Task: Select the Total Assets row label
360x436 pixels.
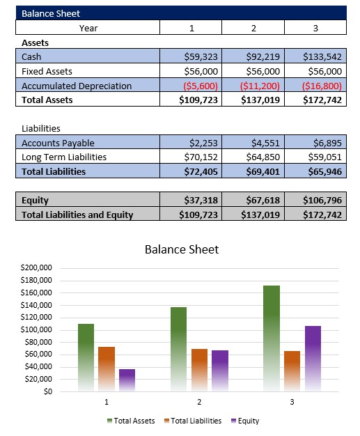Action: point(47,100)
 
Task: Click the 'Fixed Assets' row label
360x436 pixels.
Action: point(47,71)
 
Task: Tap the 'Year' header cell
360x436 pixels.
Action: point(88,28)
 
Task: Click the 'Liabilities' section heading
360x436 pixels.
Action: point(41,129)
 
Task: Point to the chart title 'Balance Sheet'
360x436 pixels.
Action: point(181,249)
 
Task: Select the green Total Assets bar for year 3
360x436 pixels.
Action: point(272,334)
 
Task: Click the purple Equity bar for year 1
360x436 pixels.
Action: point(127,380)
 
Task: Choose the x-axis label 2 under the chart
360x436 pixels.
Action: point(199,403)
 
